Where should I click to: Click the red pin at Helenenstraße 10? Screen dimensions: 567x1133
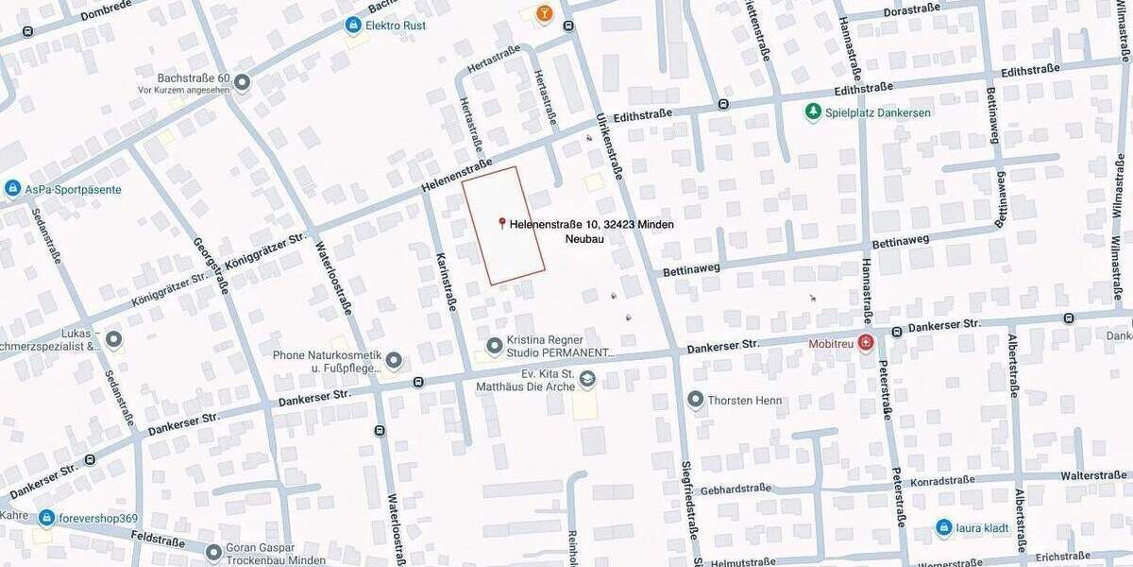click(x=501, y=223)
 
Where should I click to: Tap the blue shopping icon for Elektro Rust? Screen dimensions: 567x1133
click(x=353, y=25)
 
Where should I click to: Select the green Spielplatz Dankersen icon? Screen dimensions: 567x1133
click(x=812, y=112)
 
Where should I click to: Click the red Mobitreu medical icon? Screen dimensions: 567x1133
click(x=865, y=343)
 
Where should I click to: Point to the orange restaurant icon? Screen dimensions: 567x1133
click(x=544, y=12)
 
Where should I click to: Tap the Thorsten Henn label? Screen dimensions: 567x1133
click(x=744, y=400)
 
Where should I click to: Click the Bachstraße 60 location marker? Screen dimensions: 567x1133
click(x=242, y=83)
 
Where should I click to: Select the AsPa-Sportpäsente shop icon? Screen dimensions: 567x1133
click(x=12, y=189)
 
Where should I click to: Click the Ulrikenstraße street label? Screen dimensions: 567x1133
click(x=609, y=137)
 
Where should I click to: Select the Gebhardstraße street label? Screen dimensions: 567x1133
click(x=736, y=489)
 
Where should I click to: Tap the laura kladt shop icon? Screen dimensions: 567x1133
click(x=943, y=527)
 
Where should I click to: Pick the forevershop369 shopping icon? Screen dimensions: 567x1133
click(x=46, y=518)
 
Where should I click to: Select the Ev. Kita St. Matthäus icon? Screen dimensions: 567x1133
click(x=587, y=379)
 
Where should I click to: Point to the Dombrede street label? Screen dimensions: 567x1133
click(x=113, y=10)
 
